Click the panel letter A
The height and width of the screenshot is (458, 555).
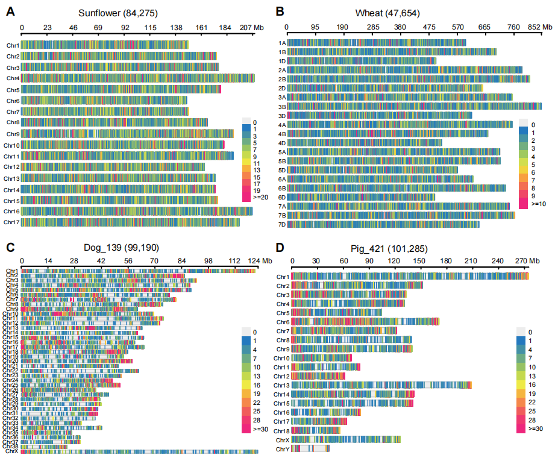(10, 11)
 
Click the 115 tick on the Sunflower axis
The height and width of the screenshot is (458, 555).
(151, 28)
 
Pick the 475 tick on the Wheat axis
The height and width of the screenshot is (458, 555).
(429, 27)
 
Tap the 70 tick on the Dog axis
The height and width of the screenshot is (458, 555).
(154, 260)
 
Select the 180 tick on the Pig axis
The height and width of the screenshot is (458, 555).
(446, 260)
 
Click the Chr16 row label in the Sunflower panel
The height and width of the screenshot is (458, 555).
(12, 212)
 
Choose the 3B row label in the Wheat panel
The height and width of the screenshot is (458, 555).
(282, 106)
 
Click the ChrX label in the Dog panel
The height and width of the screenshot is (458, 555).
(11, 451)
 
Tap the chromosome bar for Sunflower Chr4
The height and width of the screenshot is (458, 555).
(138, 78)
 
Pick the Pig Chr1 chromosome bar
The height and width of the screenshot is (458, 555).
(410, 276)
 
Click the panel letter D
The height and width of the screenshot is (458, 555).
(279, 247)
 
